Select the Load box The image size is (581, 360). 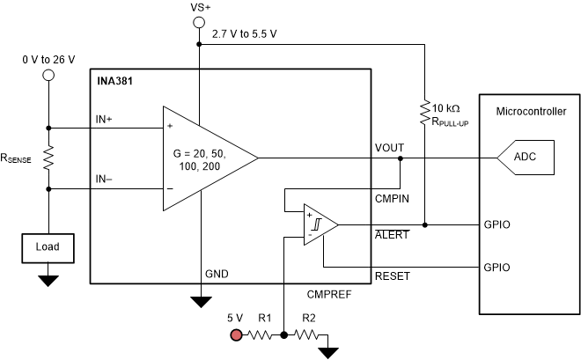click(48, 247)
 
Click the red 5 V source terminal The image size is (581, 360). click(236, 335)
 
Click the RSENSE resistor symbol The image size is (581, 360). click(48, 158)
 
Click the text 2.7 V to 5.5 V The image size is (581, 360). click(244, 33)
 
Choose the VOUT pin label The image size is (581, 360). click(390, 148)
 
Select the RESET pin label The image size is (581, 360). click(391, 276)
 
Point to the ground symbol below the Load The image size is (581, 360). click(48, 281)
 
